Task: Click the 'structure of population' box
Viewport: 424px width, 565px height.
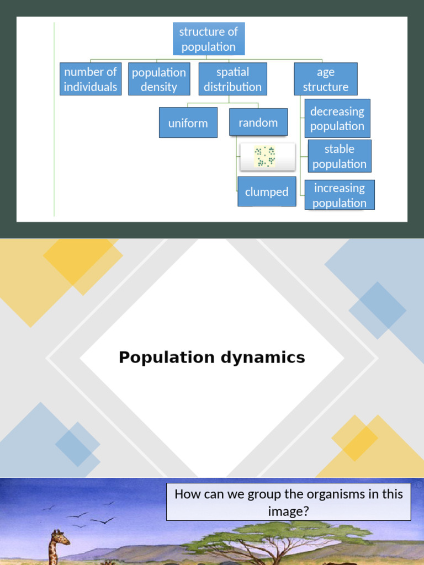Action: click(x=209, y=39)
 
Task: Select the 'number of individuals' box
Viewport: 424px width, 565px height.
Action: click(x=91, y=79)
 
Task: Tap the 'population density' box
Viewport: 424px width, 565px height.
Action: click(x=159, y=79)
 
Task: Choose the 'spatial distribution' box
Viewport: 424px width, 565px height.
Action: click(x=232, y=79)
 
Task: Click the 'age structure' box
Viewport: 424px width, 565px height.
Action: click(x=325, y=79)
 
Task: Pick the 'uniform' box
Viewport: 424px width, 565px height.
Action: click(x=188, y=122)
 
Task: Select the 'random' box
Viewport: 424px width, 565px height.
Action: click(x=258, y=122)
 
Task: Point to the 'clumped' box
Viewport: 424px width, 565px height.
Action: click(x=267, y=191)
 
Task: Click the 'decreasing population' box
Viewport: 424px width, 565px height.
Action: click(x=337, y=119)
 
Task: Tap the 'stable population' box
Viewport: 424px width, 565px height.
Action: click(x=339, y=156)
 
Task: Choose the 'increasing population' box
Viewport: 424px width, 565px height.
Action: click(x=339, y=195)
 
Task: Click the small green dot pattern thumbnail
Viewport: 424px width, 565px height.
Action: click(x=264, y=157)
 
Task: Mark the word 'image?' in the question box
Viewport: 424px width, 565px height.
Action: click(x=288, y=511)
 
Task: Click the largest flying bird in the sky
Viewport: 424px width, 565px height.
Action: click(x=102, y=520)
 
